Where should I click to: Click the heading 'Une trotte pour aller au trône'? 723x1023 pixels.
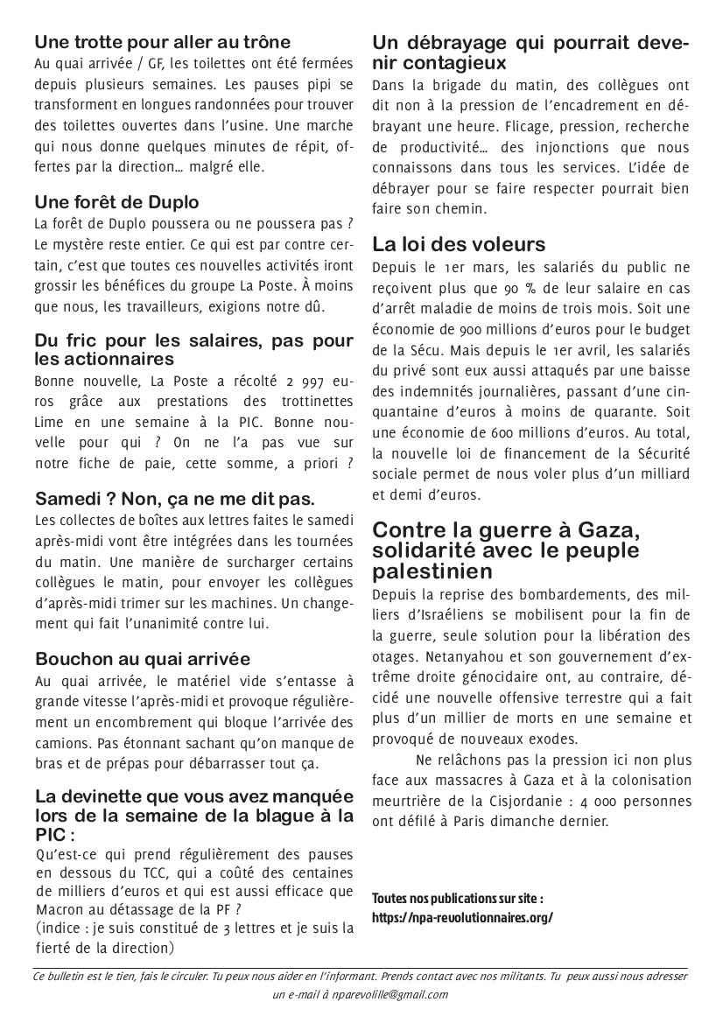click(x=163, y=41)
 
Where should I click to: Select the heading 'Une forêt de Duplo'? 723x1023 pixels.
click(x=117, y=202)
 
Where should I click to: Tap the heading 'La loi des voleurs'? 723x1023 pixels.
click(x=459, y=243)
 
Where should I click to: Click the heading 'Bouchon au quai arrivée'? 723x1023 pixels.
click(x=143, y=659)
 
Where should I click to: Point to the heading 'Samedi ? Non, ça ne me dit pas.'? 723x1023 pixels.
click(x=175, y=499)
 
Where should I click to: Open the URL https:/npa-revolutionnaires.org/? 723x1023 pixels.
click(x=463, y=918)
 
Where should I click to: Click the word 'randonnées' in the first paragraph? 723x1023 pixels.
click(x=243, y=105)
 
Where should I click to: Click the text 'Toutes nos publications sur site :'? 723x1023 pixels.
click(x=458, y=899)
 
